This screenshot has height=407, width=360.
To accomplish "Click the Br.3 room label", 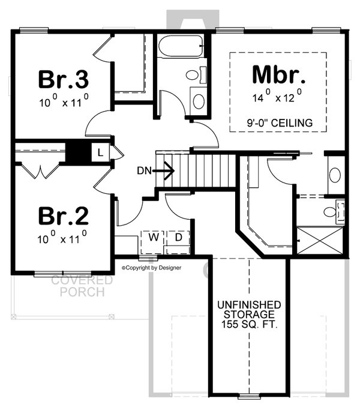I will tap(64, 79).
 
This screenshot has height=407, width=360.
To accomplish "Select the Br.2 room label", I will tap(64, 216).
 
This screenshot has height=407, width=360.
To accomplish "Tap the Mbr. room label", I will tap(278, 75).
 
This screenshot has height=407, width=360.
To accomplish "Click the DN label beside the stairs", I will tap(144, 170).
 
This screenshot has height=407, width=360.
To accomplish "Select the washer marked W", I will tap(154, 238).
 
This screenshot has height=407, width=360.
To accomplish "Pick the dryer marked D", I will tap(178, 238).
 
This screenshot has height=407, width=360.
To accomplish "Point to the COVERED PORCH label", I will tap(82, 286).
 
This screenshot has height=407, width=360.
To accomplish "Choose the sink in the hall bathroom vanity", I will tap(197, 100).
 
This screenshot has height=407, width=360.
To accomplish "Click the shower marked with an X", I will tap(322, 240).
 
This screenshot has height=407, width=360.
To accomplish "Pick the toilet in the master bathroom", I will tap(332, 211).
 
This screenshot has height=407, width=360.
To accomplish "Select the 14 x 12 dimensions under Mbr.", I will tap(277, 95).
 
